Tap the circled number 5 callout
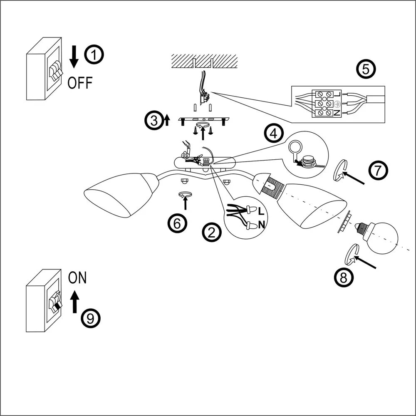366,69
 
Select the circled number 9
91,318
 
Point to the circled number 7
378,171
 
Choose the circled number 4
273,134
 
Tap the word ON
77,277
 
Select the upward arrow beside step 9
74,302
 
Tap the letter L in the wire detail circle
261,211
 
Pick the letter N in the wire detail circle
261,225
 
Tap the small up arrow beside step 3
167,121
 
